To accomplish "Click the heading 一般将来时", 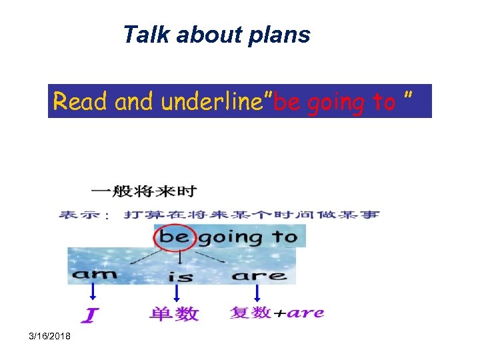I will click(x=144, y=192).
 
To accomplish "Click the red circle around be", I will click(x=175, y=237).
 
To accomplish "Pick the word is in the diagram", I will click(x=181, y=275).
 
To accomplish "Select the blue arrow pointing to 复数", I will click(x=257, y=293).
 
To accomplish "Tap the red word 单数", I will click(x=173, y=313).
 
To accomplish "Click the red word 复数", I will click(x=251, y=312).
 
